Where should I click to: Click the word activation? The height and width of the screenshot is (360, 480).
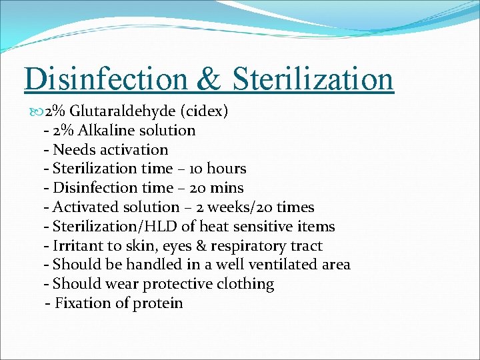131,149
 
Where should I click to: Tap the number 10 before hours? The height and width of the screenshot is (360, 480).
198,169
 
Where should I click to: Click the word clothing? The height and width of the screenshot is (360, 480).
246,284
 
